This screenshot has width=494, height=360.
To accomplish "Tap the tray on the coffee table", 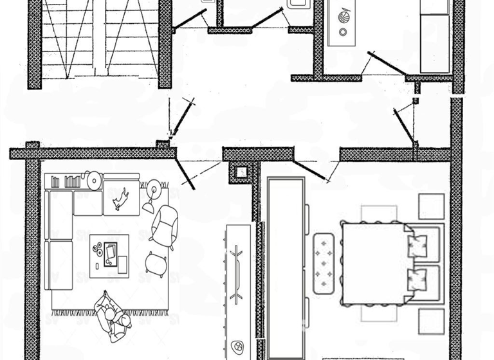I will click(110, 251).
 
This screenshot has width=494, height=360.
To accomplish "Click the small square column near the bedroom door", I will click(241, 172).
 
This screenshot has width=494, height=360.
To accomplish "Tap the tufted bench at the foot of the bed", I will click(324, 262).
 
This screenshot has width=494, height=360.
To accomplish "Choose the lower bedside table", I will click(431, 320).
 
